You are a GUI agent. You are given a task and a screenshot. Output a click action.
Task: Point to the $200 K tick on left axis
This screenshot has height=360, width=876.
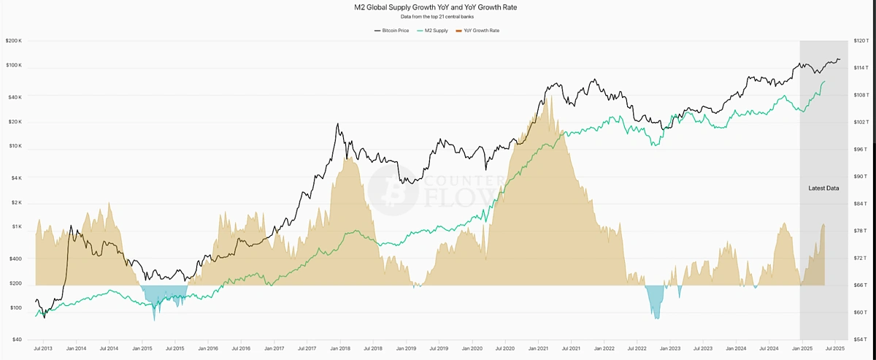[14, 41]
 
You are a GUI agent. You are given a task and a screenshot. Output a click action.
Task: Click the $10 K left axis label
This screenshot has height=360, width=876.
[15, 146]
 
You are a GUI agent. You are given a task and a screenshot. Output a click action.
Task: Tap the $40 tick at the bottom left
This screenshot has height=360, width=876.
[17, 340]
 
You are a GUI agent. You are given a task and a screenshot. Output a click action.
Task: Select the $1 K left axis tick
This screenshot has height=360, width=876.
[17, 227]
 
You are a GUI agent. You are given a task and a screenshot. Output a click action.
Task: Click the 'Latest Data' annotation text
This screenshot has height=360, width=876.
[823, 188]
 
